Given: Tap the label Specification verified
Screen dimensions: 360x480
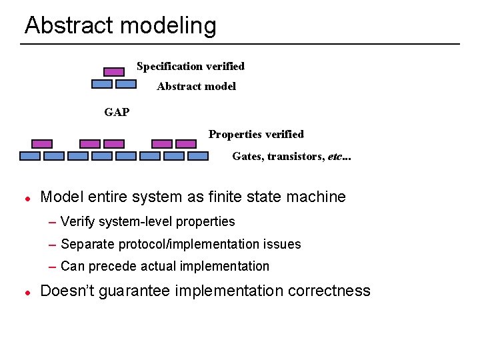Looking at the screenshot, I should tap(190, 66).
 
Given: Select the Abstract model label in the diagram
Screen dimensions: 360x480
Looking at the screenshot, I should tap(196, 86).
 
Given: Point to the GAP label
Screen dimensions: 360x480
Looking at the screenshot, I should tap(117, 112).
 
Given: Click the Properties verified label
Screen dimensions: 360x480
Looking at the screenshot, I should tap(255, 134).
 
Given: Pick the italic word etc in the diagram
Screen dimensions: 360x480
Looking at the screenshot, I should tap(335, 157).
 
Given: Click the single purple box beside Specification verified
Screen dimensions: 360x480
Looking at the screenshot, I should tap(114, 71).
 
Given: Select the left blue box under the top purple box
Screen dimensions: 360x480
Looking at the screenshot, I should tap(101, 84).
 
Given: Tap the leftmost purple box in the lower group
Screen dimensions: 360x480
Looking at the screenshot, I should tap(42, 143).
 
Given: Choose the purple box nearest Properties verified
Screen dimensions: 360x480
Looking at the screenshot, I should tap(186, 143).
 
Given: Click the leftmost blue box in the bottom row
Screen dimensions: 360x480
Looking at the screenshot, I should tap(30, 156).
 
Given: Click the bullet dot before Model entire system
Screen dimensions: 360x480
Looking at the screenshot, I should tap(27, 198).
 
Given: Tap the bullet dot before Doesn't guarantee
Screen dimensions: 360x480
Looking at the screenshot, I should tap(27, 292).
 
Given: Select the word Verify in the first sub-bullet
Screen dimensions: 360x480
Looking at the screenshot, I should tap(78, 221).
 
